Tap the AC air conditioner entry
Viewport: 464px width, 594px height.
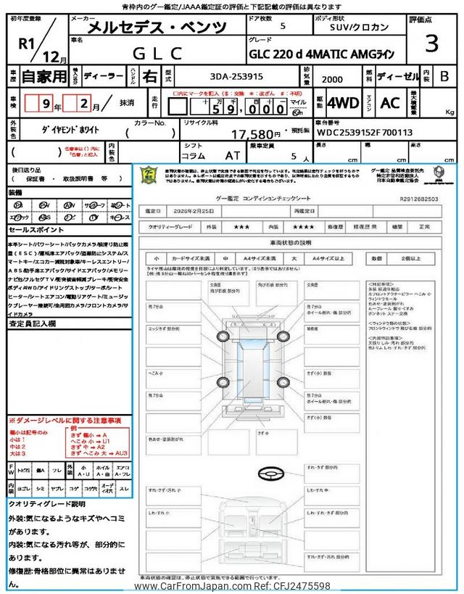point(390,102)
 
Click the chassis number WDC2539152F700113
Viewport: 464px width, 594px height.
point(364,133)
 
